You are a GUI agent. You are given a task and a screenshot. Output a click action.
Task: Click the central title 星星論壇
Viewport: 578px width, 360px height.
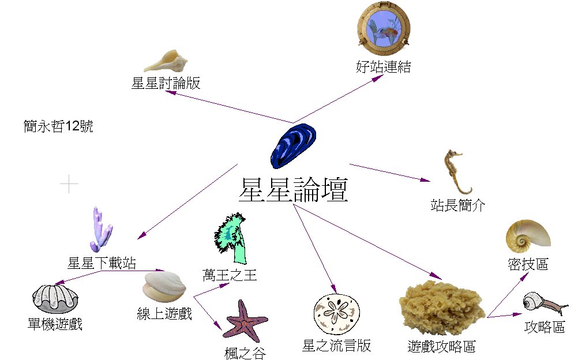coord(294,190)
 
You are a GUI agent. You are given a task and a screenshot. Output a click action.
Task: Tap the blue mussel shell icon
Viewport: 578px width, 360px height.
coord(294,146)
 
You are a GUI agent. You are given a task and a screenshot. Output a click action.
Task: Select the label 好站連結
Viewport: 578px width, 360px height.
coord(384,67)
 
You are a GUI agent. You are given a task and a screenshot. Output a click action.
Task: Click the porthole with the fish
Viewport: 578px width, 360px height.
coord(384,28)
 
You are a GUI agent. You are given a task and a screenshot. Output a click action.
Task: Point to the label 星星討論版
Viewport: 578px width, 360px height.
coord(166,83)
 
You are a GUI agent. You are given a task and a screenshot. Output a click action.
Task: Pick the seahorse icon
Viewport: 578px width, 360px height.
coord(456,171)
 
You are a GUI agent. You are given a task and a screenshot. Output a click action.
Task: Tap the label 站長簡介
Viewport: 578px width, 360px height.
coord(457,205)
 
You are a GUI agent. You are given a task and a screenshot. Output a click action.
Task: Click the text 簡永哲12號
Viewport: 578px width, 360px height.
coord(58,126)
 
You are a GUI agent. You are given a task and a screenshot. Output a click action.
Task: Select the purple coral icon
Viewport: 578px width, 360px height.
coord(100,230)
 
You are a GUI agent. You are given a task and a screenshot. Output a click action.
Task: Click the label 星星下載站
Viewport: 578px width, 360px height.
coord(102,263)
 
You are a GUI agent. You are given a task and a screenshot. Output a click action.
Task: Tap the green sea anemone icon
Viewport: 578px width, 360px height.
coord(231,238)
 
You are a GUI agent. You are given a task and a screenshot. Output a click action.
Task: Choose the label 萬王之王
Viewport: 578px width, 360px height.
coord(229,275)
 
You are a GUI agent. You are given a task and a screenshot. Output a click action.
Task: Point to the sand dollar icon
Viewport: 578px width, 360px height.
coord(336,314)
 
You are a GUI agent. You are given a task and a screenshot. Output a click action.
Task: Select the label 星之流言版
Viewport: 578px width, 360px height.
coord(336,346)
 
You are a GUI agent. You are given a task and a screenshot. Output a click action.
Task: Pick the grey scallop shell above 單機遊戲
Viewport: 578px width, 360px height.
coord(55,299)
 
